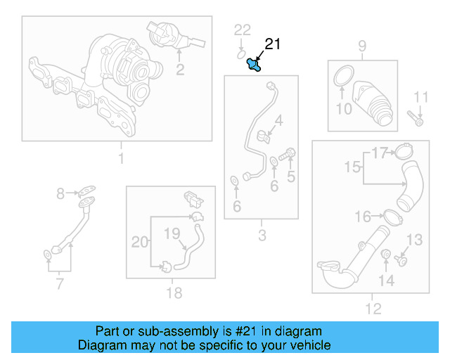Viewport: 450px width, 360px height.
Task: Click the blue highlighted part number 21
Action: tap(254, 65)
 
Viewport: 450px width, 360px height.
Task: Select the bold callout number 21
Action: tap(272, 45)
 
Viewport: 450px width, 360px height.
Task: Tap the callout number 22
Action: tap(242, 30)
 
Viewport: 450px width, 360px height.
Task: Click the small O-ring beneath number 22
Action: tap(241, 51)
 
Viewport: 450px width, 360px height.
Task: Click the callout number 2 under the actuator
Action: tap(180, 69)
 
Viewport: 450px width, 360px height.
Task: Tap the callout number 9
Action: tap(362, 47)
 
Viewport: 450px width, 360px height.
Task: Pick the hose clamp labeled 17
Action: tap(402, 150)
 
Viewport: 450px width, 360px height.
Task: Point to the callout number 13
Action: tap(415, 240)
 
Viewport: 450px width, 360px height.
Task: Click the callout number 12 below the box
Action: tap(373, 308)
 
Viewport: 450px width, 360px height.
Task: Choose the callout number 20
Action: tap(140, 242)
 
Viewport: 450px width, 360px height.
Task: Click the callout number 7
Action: tap(60, 284)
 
